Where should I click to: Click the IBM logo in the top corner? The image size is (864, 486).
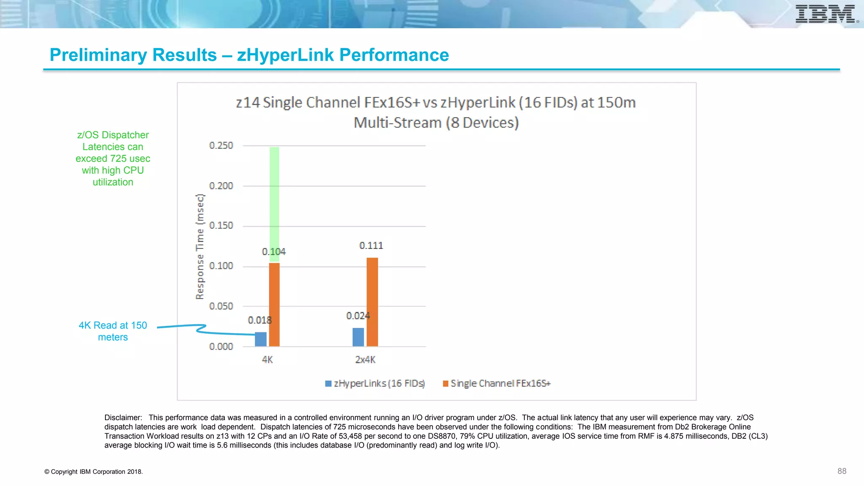tap(826, 14)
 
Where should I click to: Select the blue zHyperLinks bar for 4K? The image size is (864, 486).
tap(261, 339)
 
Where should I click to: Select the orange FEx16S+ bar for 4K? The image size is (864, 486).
tap(274, 305)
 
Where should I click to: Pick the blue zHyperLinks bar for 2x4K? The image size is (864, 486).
tap(358, 337)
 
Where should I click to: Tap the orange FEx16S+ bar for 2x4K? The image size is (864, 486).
tap(372, 302)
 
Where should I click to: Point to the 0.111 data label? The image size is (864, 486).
tap(371, 246)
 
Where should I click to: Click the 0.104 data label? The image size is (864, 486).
tap(274, 252)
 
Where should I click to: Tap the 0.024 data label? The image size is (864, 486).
tap(358, 316)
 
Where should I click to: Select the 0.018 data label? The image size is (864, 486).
tap(260, 321)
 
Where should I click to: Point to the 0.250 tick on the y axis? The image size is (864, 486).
tap(221, 146)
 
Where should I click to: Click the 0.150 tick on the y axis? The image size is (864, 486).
tap(221, 226)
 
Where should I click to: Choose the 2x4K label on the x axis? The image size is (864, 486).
tap(365, 360)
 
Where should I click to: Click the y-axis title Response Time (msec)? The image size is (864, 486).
tap(200, 247)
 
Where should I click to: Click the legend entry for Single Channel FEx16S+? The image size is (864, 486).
tap(497, 383)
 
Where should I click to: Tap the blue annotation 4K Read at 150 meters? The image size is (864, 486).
tap(113, 331)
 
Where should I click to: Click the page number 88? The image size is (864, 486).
tap(842, 471)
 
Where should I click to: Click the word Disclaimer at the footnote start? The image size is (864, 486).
tap(123, 418)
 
